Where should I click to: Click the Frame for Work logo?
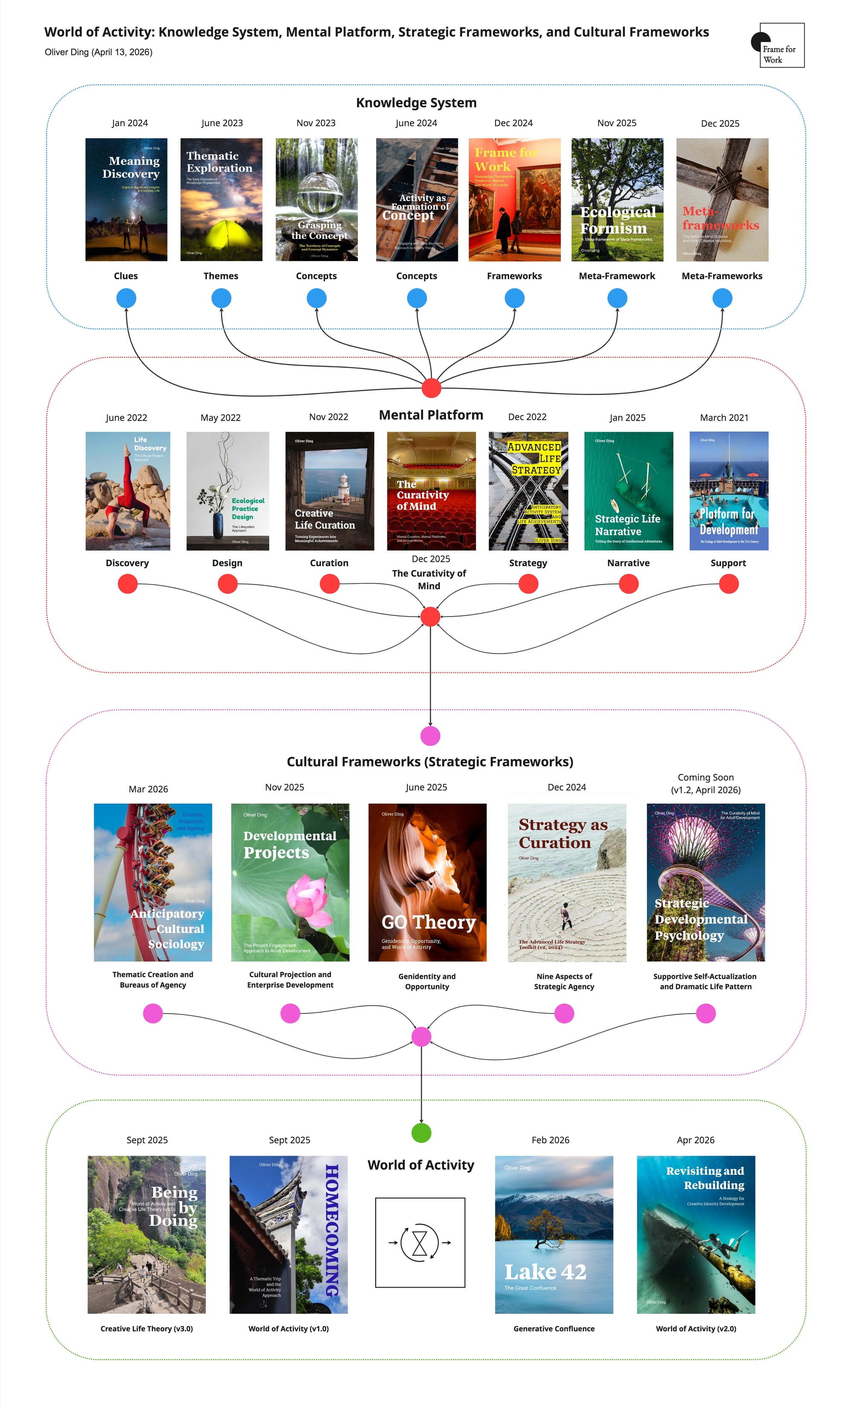coord(779,46)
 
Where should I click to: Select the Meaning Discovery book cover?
coord(126,200)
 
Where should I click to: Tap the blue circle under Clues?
coord(126,298)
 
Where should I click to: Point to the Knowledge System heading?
coord(416,103)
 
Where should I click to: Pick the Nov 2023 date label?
coord(316,123)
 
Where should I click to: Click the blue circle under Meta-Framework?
coord(617,298)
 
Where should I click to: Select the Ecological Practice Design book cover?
coord(228,491)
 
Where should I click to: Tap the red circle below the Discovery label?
coord(128,584)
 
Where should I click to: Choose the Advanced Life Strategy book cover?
coord(528,491)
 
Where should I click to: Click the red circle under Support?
coord(728,584)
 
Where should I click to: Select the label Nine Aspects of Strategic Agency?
coord(564,981)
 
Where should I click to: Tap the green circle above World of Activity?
coord(421,1133)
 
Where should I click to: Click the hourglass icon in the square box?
coord(420,1243)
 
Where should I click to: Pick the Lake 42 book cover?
coord(554,1234)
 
